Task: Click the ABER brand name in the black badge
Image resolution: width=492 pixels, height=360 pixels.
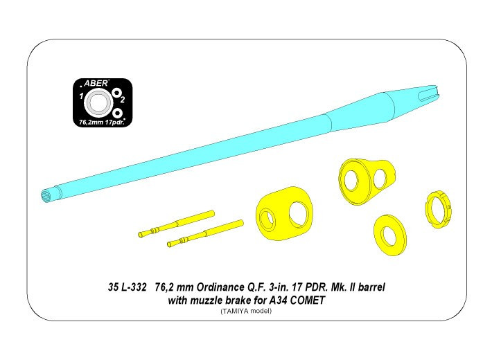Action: point(96,83)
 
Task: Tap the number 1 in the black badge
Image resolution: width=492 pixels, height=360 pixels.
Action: point(81,96)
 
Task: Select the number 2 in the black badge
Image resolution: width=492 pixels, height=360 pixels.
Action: point(123,100)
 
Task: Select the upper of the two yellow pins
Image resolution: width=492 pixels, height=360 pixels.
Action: point(176,224)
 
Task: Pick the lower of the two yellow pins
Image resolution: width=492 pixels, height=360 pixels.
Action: point(205,233)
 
